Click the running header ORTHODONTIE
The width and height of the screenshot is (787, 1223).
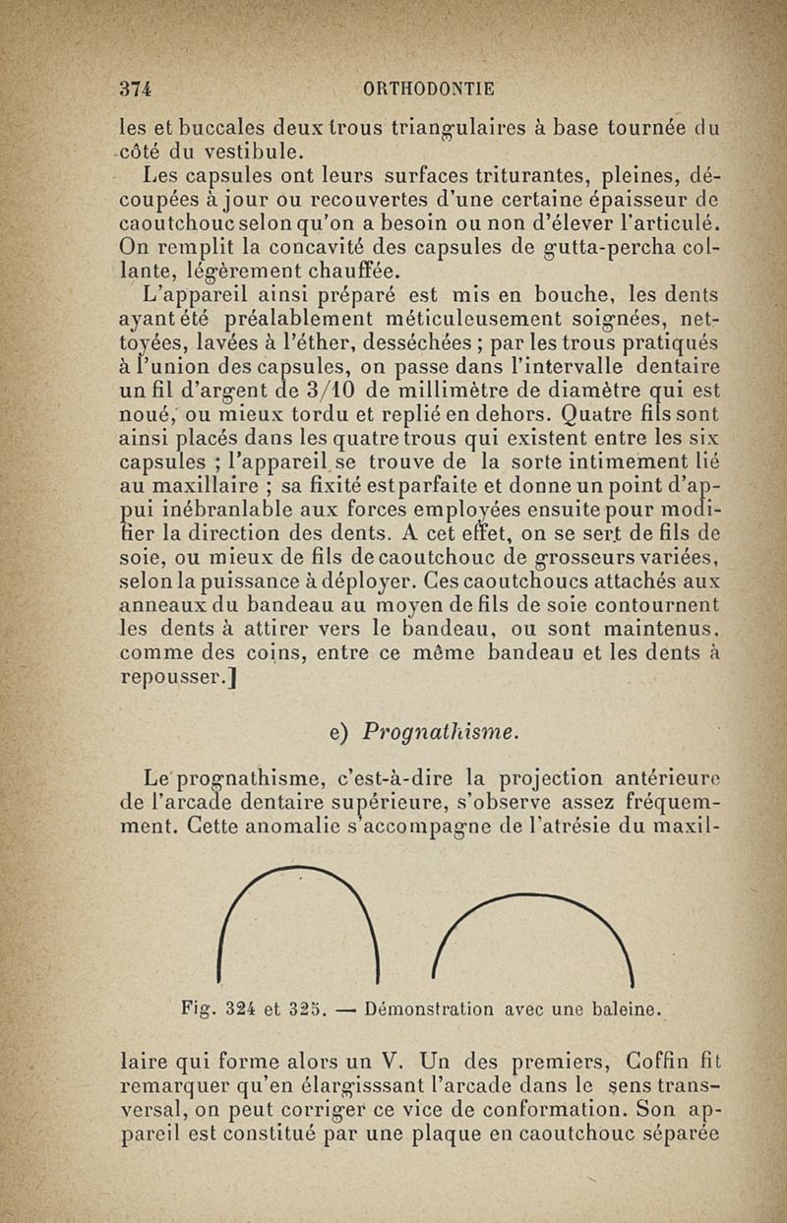pyautogui.click(x=429, y=87)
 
